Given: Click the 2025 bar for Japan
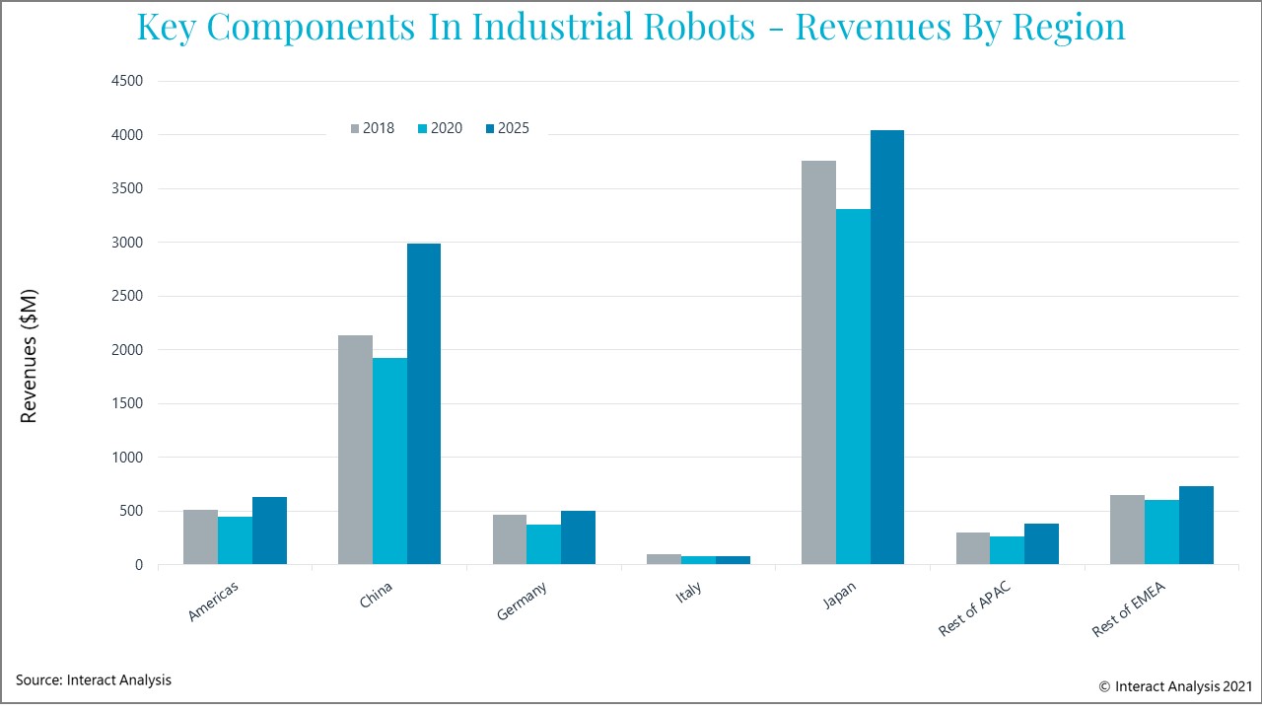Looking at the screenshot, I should pos(886,347).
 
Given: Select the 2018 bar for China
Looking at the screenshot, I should pos(355,450).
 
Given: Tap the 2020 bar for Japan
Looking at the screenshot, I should pos(853,387).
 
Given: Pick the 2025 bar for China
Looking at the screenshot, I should pos(424,404).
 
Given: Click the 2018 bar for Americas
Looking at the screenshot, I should pos(200,537).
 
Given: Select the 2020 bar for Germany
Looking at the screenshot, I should pos(543,544).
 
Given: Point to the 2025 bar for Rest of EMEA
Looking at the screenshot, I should pos(1196,526).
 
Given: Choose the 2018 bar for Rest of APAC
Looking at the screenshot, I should pos(973,548).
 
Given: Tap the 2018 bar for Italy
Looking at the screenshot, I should pos(664,559).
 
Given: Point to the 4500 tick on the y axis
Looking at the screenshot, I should pos(127,81).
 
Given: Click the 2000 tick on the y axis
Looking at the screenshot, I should pos(127,350).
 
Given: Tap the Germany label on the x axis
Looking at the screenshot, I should pos(523,601).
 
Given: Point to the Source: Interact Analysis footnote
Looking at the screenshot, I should pos(94,679).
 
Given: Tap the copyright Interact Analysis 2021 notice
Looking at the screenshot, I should pos(1175,685).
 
